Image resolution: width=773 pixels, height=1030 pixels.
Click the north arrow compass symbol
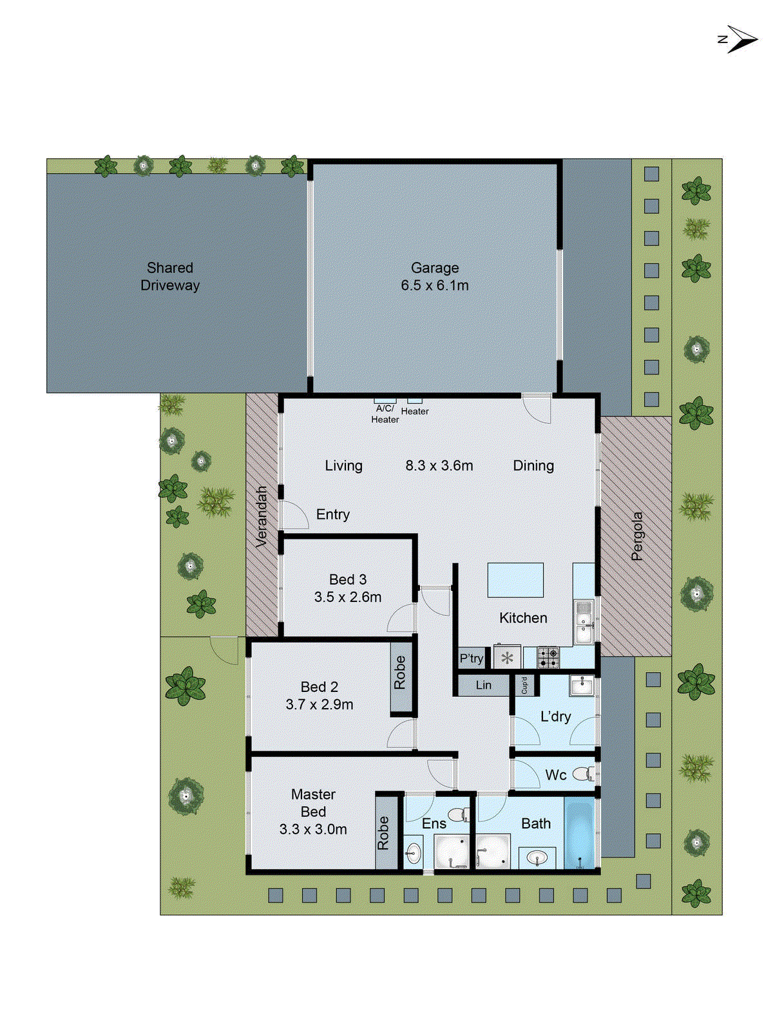(x=740, y=39)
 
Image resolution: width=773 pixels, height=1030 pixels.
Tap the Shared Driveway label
(x=170, y=277)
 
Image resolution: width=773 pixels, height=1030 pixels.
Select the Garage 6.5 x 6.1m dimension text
(x=435, y=285)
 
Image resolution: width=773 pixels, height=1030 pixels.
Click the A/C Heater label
(x=385, y=413)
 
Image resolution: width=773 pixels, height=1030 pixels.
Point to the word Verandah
(x=262, y=517)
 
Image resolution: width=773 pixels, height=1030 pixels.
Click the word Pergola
(x=637, y=536)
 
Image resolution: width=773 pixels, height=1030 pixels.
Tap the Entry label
(x=333, y=514)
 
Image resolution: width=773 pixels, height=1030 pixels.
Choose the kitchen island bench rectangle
(x=515, y=580)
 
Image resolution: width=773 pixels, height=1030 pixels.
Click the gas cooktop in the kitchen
(x=548, y=657)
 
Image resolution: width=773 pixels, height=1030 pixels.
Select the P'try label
(x=471, y=659)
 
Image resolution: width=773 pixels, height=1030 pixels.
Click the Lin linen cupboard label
(x=483, y=686)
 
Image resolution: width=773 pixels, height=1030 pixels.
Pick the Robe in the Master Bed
(x=384, y=833)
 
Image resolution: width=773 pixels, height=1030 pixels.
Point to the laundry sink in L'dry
(x=581, y=686)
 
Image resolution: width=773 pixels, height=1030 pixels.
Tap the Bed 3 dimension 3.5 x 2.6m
(x=348, y=597)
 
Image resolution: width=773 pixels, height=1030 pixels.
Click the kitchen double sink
(x=584, y=621)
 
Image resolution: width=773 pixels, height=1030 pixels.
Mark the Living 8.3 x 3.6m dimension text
(x=439, y=465)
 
